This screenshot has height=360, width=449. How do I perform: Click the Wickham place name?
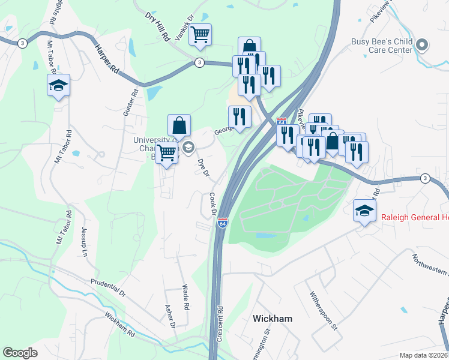tap(273, 319)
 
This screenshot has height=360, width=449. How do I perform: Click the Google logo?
tap(20, 353)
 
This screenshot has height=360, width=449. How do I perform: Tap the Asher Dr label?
tap(169, 316)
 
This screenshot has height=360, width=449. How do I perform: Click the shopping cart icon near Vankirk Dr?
tap(200, 34)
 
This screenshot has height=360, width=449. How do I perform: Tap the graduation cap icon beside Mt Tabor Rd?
tap(58, 85)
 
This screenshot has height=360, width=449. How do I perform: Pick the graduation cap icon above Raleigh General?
tap(364, 210)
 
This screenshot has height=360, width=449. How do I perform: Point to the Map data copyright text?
tap(424, 355)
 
